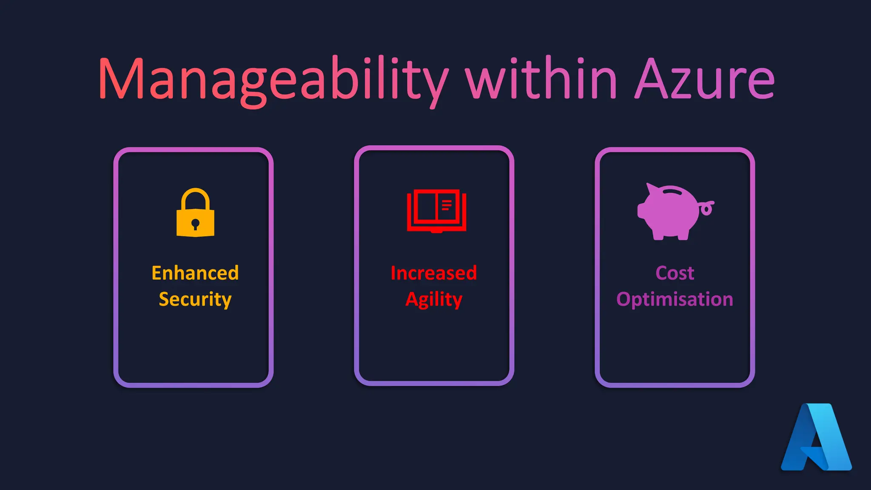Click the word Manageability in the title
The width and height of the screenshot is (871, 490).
272,79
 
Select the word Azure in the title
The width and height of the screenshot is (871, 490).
704,79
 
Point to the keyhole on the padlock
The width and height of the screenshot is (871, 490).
195,224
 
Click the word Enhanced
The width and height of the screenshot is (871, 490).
195,273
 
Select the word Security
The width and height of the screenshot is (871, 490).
195,299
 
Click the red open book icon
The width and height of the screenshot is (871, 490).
436,211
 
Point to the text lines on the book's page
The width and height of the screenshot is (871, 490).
447,205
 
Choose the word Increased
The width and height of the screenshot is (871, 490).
434,273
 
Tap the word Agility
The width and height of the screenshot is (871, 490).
434,299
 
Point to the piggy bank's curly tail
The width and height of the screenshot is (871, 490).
707,208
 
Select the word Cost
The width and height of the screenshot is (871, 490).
675,273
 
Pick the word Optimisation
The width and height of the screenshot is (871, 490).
675,299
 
